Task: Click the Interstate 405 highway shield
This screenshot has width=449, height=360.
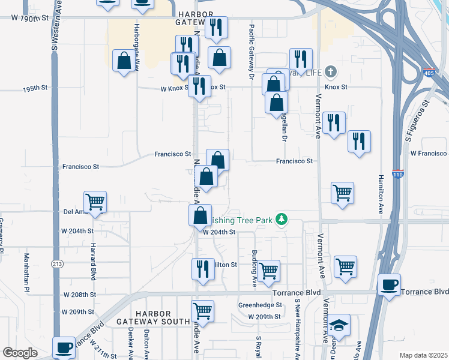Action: click(x=427, y=72)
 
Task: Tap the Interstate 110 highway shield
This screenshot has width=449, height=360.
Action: click(x=397, y=174)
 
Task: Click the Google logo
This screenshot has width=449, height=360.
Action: click(x=20, y=353)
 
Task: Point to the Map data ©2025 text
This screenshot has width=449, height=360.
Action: click(x=423, y=355)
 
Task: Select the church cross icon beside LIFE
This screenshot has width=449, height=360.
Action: click(x=330, y=72)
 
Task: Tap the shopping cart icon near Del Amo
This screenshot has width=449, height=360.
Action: click(x=95, y=201)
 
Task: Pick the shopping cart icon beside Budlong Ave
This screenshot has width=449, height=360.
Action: click(x=269, y=269)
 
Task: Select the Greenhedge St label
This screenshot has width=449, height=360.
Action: click(x=260, y=305)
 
